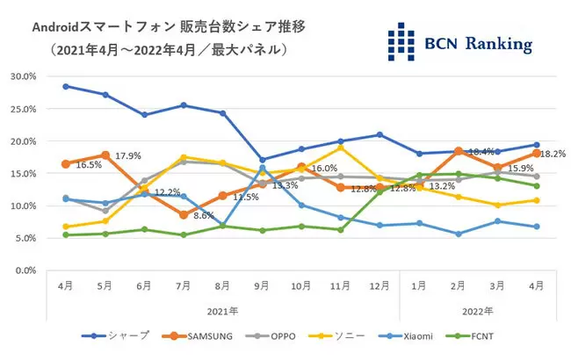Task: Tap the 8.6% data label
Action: pos(205,215)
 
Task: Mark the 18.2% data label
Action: pos(553,154)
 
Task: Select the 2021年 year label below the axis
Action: pos(222,309)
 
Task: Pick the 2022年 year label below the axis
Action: pos(479,309)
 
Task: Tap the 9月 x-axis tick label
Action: pos(261,285)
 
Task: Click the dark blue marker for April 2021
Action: pos(67,86)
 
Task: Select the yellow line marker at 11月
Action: pos(339,148)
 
